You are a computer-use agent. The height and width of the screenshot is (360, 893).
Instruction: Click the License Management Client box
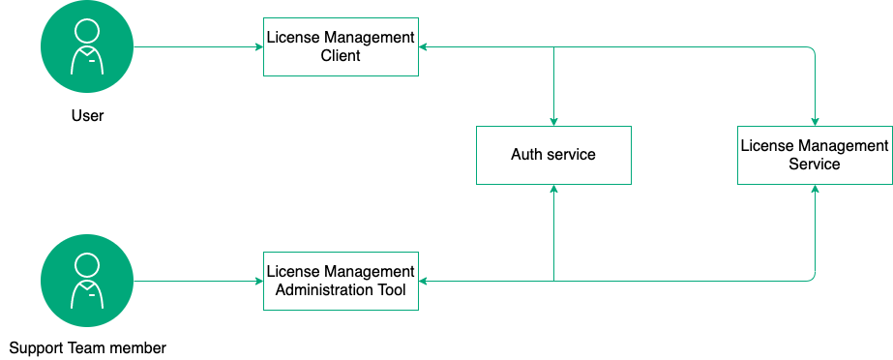click(x=341, y=47)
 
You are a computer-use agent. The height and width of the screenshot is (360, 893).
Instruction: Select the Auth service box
click(x=553, y=155)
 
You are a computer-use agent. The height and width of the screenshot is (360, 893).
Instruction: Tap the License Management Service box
click(x=815, y=155)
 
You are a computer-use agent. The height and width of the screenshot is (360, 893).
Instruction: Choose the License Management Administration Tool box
click(x=341, y=281)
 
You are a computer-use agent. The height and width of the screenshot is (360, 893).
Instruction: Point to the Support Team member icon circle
click(x=87, y=281)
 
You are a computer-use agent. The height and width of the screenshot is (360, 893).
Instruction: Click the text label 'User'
click(x=87, y=116)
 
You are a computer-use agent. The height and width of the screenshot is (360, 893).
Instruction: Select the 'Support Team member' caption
click(x=87, y=347)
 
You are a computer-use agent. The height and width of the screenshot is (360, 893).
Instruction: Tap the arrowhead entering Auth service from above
click(x=553, y=120)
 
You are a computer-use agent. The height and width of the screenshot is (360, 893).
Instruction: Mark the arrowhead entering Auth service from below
click(x=553, y=190)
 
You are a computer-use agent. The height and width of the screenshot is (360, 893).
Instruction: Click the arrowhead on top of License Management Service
click(x=815, y=120)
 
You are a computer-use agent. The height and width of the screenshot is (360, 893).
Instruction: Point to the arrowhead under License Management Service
click(x=815, y=190)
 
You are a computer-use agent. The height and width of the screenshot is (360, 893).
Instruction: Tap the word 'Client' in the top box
click(x=341, y=56)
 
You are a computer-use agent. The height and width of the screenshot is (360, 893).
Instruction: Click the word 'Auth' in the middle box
click(x=527, y=155)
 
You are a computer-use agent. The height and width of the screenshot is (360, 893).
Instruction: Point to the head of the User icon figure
click(x=87, y=30)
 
